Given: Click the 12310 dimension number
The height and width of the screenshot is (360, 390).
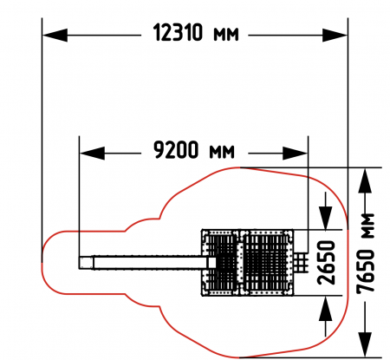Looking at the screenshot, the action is (178, 32).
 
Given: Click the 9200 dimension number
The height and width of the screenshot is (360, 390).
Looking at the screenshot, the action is (176, 150).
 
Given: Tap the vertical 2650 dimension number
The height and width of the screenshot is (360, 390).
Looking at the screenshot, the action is (327, 262).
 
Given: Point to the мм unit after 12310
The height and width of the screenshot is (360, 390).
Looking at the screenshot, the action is (226, 35).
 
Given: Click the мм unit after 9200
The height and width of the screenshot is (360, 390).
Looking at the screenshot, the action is (222, 152).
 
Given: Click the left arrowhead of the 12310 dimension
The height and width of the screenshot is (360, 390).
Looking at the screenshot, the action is (55, 36).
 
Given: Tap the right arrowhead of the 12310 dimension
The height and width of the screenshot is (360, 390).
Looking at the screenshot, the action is (335, 36).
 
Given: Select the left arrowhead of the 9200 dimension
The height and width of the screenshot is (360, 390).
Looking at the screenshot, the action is (92, 153).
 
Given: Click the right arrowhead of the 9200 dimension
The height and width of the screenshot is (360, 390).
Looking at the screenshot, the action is (295, 153).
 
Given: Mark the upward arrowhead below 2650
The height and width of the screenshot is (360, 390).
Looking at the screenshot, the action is (326, 308).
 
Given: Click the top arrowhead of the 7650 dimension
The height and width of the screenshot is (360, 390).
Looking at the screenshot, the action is (365, 180).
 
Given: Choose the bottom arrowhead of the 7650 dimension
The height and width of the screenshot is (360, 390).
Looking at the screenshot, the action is (365, 345).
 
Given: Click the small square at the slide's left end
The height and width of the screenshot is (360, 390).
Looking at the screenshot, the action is (86, 263).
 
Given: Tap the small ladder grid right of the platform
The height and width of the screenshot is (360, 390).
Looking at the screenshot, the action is (301, 262).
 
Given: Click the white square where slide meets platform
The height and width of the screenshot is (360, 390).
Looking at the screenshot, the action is (211, 263).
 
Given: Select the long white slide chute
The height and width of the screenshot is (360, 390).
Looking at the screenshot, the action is (150, 263).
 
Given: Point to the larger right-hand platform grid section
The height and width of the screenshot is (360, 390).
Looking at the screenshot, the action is (267, 263).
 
